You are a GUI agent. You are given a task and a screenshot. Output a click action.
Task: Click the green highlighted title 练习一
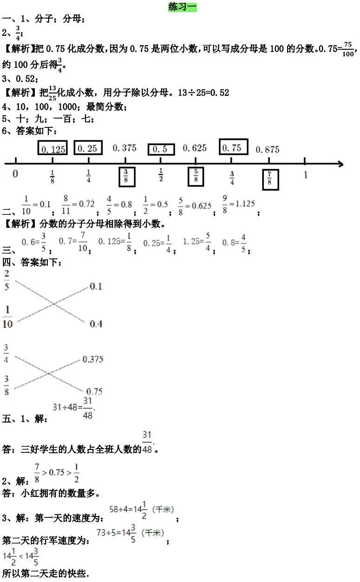(x=183, y=7)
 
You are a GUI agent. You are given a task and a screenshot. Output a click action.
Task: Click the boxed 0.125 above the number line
(x=52, y=148)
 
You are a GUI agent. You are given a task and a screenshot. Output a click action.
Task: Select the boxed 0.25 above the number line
(x=88, y=148)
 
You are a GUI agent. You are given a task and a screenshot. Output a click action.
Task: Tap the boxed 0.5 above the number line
(x=161, y=149)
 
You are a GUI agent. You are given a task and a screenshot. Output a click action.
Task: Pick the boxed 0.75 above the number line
(x=233, y=147)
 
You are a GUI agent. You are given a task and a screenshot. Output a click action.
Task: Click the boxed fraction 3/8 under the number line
(x=126, y=177)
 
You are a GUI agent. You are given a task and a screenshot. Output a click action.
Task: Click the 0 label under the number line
(x=15, y=174)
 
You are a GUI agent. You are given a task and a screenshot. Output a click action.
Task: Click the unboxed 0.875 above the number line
(x=268, y=149)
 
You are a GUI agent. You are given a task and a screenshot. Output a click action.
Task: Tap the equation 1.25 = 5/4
(x=197, y=242)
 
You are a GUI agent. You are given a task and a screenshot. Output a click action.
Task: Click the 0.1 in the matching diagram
(x=95, y=286)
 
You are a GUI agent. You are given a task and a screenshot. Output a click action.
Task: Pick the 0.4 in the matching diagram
(x=96, y=324)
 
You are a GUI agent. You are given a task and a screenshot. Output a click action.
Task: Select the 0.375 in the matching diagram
(x=92, y=359)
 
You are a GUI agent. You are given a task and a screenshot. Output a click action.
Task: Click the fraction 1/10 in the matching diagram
(x=7, y=317)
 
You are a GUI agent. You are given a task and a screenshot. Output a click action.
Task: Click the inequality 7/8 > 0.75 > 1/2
(x=57, y=472)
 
